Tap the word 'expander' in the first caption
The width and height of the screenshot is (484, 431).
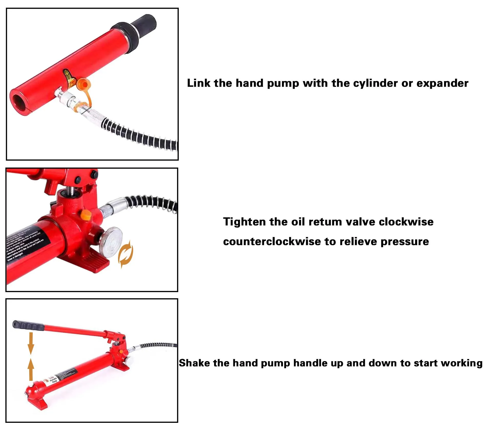coord(443,83)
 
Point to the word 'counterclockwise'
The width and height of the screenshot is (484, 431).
coord(272,242)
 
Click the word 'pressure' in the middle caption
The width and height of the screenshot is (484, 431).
coord(404,242)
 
